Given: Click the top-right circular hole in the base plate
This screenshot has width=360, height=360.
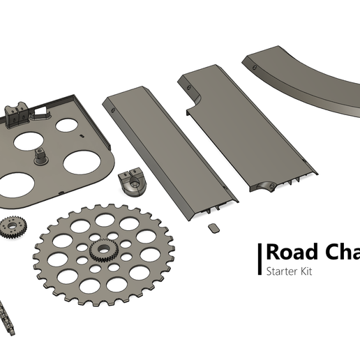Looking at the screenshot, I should (x=67, y=126).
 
